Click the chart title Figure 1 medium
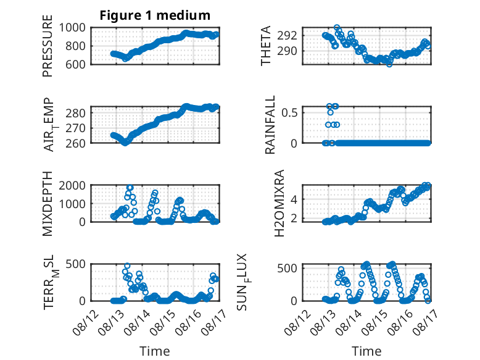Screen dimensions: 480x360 pos(155,15)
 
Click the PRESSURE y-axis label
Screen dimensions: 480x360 pos(48,46)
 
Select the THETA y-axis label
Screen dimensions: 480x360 pos(266,46)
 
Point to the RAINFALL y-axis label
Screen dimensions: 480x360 pos(270,125)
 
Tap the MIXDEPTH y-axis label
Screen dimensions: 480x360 pos(48,203)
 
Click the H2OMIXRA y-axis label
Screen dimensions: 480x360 pos(279,203)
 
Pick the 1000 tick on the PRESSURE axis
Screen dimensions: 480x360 pos(72,28)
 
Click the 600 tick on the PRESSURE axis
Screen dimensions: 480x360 pos(76,64)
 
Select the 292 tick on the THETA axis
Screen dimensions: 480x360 pos(287,36)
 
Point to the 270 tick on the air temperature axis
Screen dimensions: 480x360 pos(76,128)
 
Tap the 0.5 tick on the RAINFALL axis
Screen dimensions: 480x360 pos(289,112)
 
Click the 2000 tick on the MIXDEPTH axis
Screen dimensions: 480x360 pos(72,185)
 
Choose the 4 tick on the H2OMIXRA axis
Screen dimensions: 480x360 pos(294,199)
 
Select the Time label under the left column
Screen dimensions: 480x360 pos(155,351)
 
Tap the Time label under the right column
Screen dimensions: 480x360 pos(366,351)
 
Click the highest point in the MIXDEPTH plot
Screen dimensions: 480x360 pos(130,188)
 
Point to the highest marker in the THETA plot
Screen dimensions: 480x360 pos(337,28)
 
